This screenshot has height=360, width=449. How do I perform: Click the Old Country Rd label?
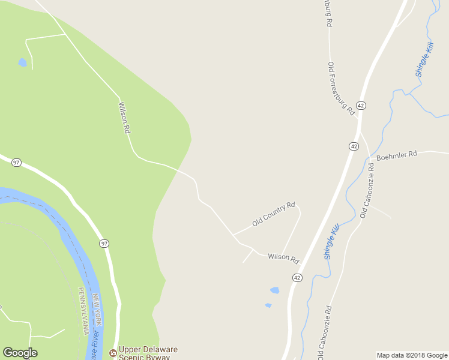pos(274,214)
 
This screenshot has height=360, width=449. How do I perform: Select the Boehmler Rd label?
pos(396,155)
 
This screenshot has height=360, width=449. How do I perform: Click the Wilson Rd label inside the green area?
pos(124,118)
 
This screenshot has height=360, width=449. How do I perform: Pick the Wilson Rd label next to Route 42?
pos(283,258)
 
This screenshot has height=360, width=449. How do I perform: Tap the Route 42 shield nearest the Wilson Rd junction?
pos(297,277)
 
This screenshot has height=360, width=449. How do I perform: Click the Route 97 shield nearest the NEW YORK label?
pos(104,243)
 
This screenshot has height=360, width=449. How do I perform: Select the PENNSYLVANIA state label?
pos(82,311)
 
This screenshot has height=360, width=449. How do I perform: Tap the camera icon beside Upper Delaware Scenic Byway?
pos(112,353)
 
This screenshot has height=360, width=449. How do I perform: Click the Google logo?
pos(20,352)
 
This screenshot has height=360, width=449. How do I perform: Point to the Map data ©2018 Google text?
pos(412,355)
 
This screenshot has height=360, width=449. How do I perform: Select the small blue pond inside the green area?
pos(22,62)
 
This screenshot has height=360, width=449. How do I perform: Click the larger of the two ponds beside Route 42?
pos(274,290)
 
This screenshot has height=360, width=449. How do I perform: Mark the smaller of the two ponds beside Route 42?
pos(268,305)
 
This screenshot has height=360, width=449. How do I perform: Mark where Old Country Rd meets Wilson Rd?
pos(234,234)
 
